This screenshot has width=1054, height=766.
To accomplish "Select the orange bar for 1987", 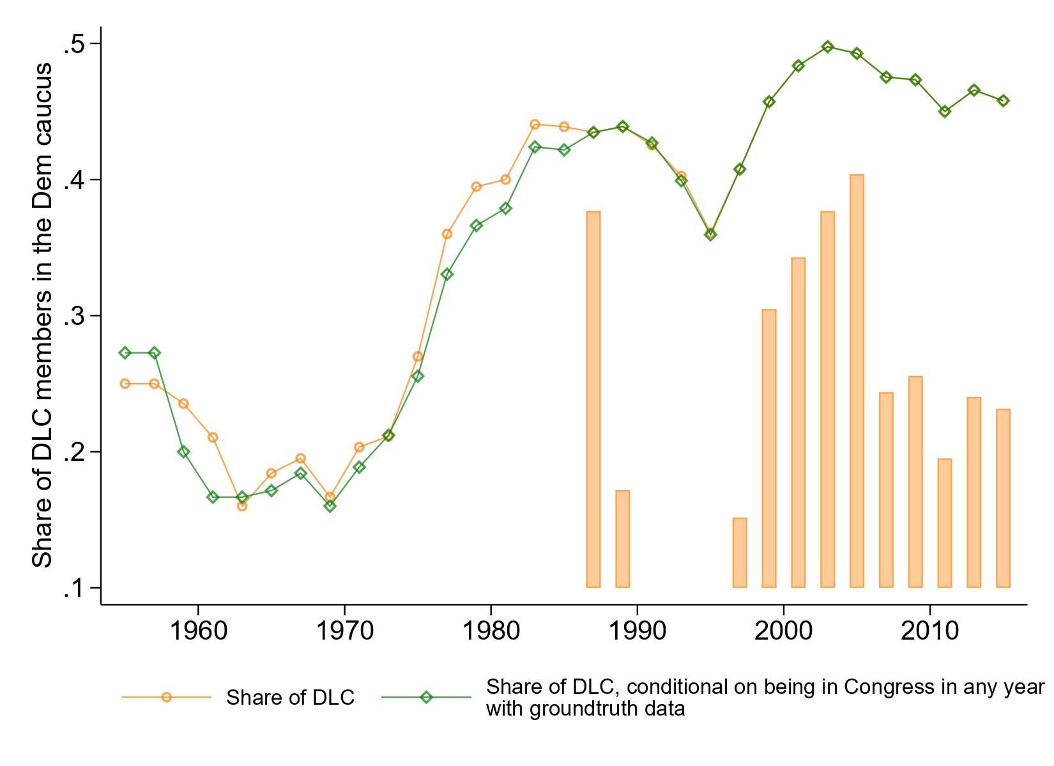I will pyautogui.click(x=593, y=399).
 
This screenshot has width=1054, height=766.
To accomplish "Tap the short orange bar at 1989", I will pyautogui.click(x=622, y=539).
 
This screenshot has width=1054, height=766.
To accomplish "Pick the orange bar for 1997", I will pyautogui.click(x=740, y=552).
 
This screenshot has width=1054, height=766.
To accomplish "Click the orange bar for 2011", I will pyautogui.click(x=944, y=523).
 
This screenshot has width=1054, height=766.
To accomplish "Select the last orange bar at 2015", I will pyautogui.click(x=1003, y=498).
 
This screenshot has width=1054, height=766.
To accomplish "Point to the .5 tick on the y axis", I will pyautogui.click(x=74, y=43).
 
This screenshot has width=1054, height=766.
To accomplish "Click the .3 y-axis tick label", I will pyautogui.click(x=74, y=316).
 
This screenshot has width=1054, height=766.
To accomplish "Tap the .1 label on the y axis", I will pyautogui.click(x=74, y=588).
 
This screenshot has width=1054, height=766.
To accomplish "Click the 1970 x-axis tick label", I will pyautogui.click(x=344, y=631).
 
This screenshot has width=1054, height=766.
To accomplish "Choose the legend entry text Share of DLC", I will pyautogui.click(x=290, y=698).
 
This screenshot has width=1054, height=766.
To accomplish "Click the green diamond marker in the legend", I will pyautogui.click(x=426, y=698).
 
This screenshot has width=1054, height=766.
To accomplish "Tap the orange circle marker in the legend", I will pyautogui.click(x=166, y=698).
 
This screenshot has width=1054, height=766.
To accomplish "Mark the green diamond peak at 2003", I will pyautogui.click(x=828, y=47).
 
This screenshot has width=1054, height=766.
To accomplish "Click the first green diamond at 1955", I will pyautogui.click(x=125, y=353).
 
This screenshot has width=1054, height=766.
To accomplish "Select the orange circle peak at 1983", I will pyautogui.click(x=535, y=124).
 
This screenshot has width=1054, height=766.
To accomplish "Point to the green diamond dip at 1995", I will pyautogui.click(x=710, y=234).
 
